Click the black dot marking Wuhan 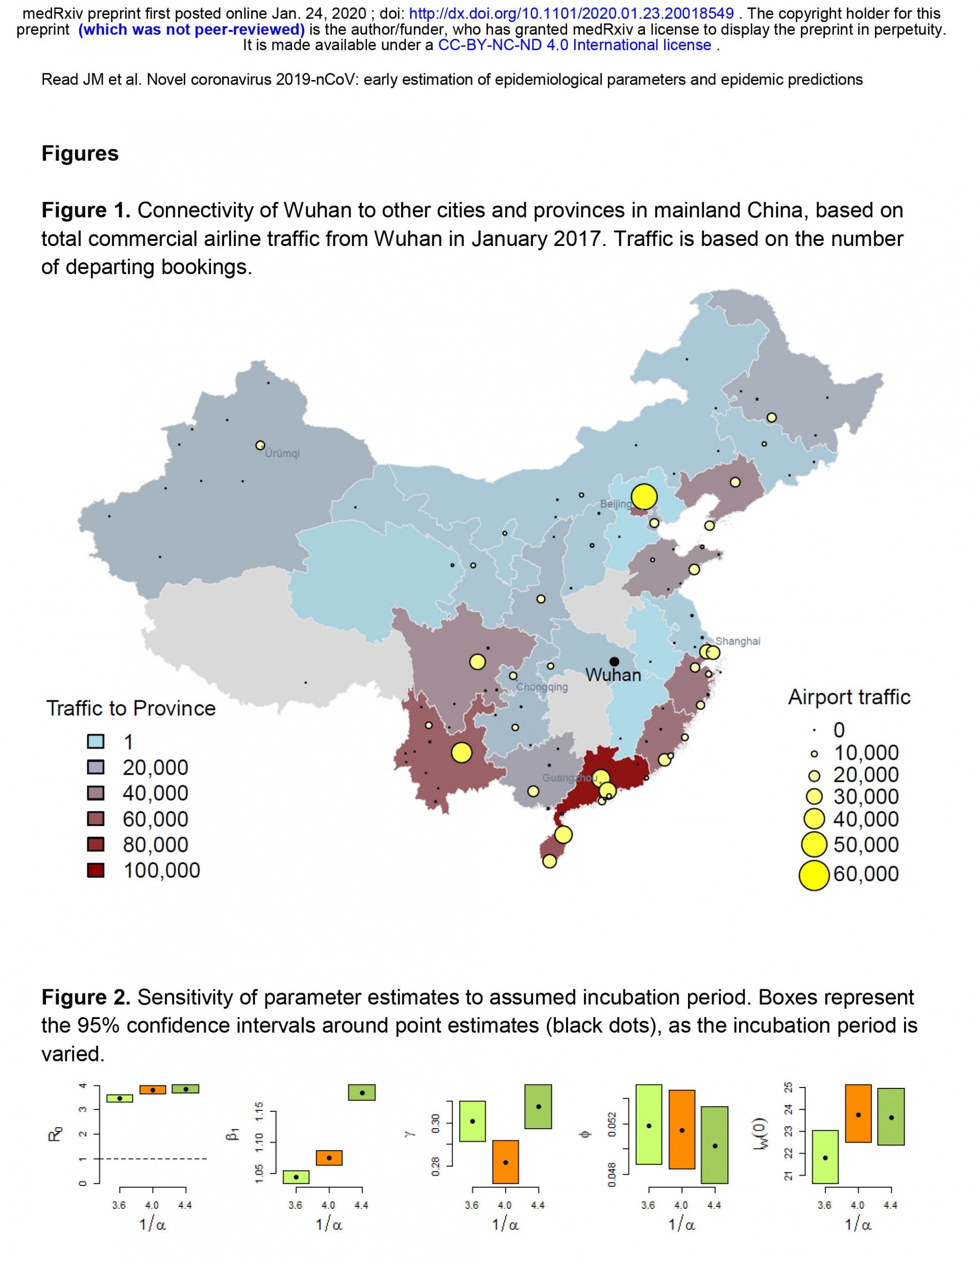(614, 661)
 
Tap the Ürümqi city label (282, 454)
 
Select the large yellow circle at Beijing (644, 497)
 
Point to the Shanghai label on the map (738, 641)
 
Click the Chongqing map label (542, 687)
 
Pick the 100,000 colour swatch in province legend (95, 871)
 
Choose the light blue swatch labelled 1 (95, 742)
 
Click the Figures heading (80, 154)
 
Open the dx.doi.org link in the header (571, 13)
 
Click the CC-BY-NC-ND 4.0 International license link (575, 45)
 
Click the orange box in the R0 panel (153, 1089)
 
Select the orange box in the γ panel (505, 1161)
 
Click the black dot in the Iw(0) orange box (859, 1115)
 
